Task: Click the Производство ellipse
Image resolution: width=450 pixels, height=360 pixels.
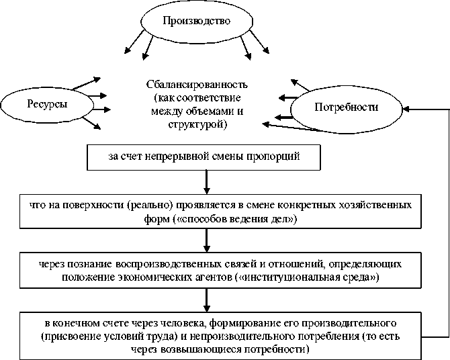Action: point(196,21)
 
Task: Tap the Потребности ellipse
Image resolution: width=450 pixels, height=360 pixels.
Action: point(346,107)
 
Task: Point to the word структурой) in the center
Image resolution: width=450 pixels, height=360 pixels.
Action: point(196,125)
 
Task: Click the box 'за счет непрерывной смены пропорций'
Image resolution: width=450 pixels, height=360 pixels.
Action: point(203,157)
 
